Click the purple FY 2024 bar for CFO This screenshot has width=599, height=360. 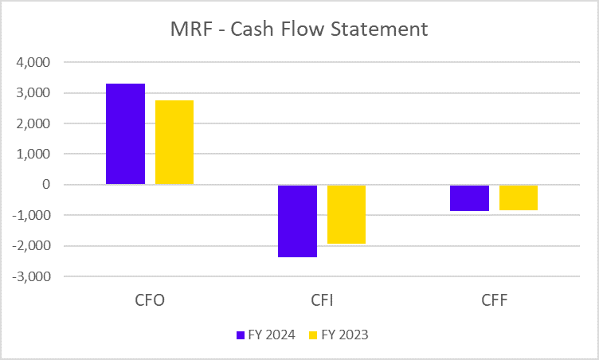pos(126,134)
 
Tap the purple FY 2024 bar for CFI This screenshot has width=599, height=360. pos(297,221)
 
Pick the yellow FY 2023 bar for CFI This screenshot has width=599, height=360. pos(346,214)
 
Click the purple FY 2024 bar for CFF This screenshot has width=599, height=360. pos(469,198)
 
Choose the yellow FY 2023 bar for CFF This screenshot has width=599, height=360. pos(519,197)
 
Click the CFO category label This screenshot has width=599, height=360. pos(150,301)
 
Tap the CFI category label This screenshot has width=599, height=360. pos(322,301)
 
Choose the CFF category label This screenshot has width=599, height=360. pos(494,301)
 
